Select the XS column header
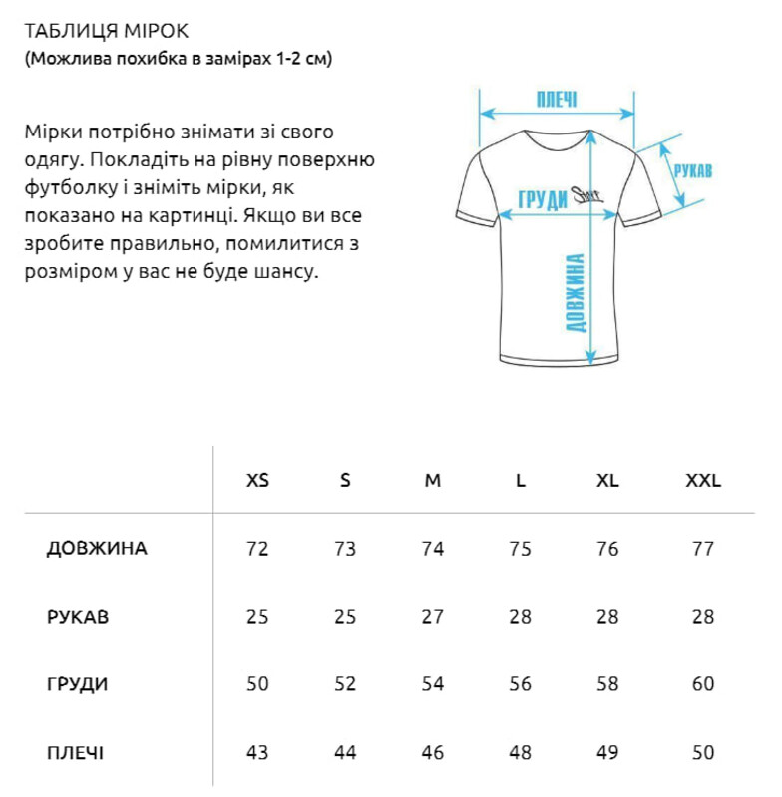pos(257,480)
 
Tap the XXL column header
pos(703,480)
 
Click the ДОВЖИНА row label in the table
pos(97,549)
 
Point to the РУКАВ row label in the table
pos(78,617)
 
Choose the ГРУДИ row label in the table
pos(78,684)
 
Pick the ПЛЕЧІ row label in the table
pos(76,752)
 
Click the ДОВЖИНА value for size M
pos(433,549)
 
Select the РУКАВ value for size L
pos(520,617)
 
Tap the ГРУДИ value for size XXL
pos(703,684)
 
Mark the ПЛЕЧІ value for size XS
pos(257,752)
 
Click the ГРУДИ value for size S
pos(345,684)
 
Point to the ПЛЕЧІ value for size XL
pos(607,752)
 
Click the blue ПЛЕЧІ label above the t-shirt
pos(557,100)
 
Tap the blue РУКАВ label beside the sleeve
pos(692,171)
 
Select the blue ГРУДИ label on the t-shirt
pos(543,200)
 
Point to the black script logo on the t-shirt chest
pos(584,197)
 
